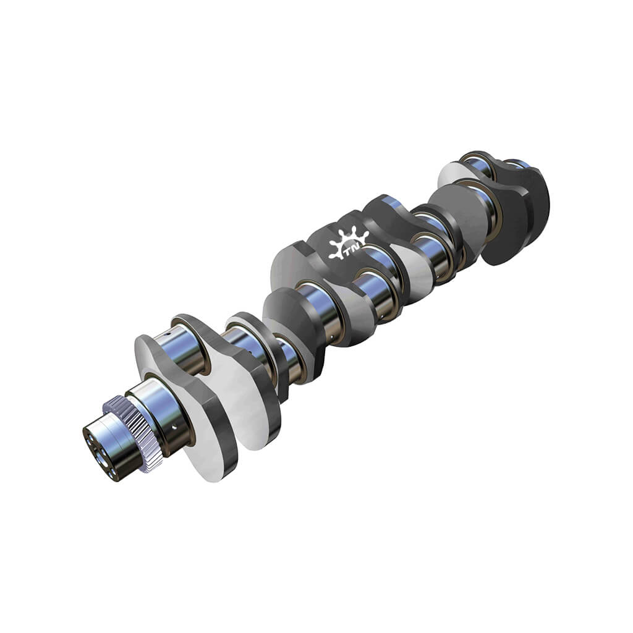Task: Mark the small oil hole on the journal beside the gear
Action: tap(174, 427)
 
